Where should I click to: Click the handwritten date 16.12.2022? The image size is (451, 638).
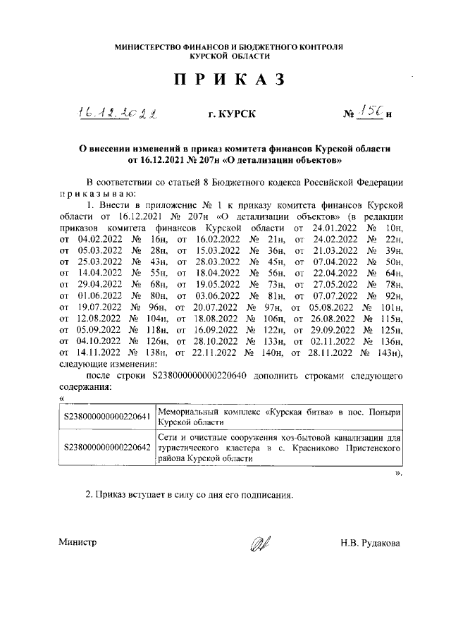point(118,113)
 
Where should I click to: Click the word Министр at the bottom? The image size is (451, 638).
point(77,543)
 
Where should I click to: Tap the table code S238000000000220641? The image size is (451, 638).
point(106,416)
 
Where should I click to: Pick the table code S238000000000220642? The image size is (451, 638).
point(106,447)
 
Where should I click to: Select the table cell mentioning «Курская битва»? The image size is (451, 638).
point(279,416)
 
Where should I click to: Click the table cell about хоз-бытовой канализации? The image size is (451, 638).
point(279,447)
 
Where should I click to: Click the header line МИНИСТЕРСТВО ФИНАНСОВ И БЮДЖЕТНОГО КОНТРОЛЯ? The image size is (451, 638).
point(230,47)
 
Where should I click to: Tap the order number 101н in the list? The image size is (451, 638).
point(389,307)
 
